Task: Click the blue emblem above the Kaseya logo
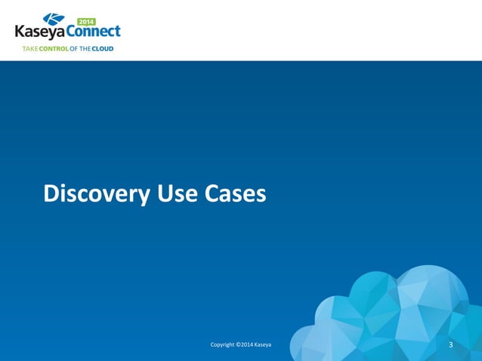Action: pyautogui.click(x=54, y=19)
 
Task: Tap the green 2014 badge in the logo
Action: pyautogui.click(x=87, y=21)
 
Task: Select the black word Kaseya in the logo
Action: pyautogui.click(x=41, y=32)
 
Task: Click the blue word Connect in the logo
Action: pyautogui.click(x=94, y=32)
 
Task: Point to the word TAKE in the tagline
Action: pyautogui.click(x=29, y=48)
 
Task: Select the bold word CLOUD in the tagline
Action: pyautogui.click(x=103, y=48)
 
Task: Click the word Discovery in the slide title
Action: pyautogui.click(x=96, y=195)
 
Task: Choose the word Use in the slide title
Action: pyautogui.click(x=177, y=195)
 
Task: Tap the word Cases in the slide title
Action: pyautogui.click(x=235, y=195)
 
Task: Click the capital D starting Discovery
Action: pyautogui.click(x=51, y=195)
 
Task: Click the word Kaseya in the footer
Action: pyautogui.click(x=263, y=345)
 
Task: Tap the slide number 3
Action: pyautogui.click(x=450, y=345)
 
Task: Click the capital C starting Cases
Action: pyautogui.click(x=212, y=195)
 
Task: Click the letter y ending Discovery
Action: pyautogui.click(x=143, y=198)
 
